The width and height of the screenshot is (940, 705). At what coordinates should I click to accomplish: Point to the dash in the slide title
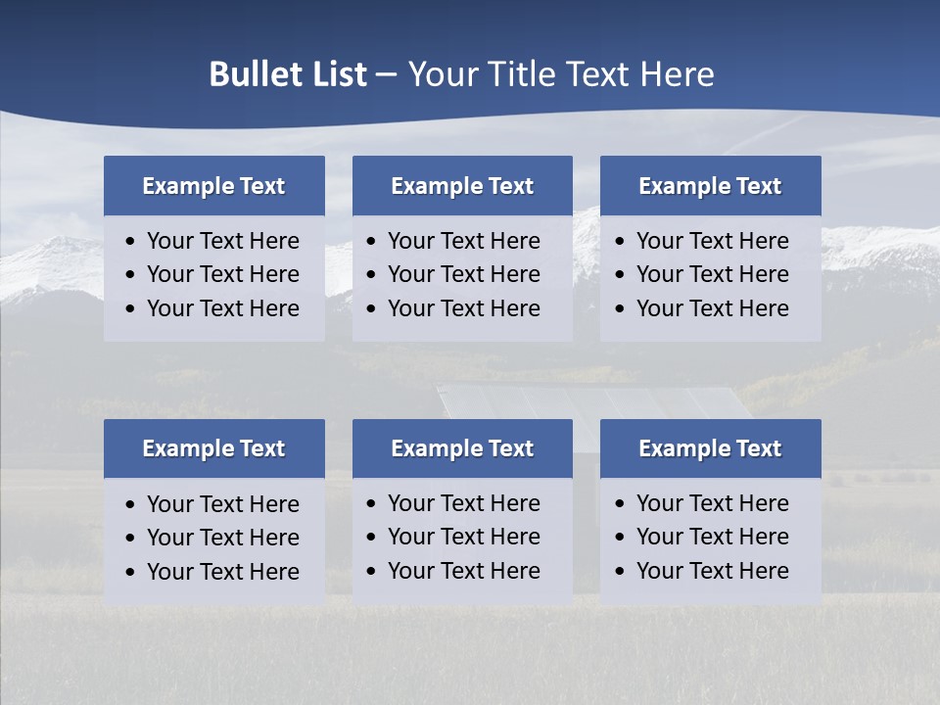(387, 74)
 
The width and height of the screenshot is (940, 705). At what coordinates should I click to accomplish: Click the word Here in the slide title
(677, 74)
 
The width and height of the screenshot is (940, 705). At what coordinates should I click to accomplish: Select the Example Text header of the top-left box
(213, 186)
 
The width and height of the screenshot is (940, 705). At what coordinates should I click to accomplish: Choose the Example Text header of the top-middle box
(462, 186)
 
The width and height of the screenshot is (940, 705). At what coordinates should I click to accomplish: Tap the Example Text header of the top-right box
(710, 186)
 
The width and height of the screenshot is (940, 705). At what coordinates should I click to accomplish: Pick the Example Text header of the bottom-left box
(213, 448)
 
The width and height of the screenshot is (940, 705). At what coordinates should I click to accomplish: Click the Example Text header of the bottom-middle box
(462, 448)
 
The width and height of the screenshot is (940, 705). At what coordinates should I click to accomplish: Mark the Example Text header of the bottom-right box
(710, 448)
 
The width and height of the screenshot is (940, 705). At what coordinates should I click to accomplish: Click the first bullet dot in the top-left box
(131, 242)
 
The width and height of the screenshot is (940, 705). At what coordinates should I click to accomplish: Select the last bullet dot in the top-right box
(621, 309)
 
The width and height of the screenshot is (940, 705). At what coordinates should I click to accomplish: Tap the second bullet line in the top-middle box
(463, 274)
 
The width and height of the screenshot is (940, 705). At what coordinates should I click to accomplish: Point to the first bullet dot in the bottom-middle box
(372, 504)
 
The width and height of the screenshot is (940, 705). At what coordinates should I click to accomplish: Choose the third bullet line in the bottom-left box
(222, 572)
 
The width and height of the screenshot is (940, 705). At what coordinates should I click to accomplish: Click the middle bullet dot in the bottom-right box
(621, 538)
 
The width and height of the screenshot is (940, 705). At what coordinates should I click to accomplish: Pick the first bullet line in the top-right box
(712, 241)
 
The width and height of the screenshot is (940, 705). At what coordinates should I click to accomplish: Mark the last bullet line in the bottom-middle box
(463, 571)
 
